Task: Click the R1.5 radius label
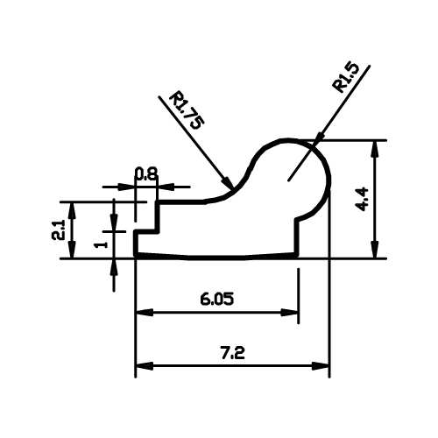[346, 78]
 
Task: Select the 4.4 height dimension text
[363, 200]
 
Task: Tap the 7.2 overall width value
[232, 353]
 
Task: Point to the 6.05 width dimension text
[217, 300]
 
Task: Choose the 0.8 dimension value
[146, 173]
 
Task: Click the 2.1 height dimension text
[59, 230]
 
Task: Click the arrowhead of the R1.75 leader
[227, 182]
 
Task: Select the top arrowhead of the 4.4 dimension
[375, 149]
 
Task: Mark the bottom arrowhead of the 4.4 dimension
[375, 250]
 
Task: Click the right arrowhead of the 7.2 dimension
[321, 365]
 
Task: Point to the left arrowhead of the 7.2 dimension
[145, 365]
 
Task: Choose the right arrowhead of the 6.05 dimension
[289, 313]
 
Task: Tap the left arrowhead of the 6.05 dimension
[145, 313]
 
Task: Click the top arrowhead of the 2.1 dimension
[72, 210]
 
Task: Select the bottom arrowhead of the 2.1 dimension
[72, 250]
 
